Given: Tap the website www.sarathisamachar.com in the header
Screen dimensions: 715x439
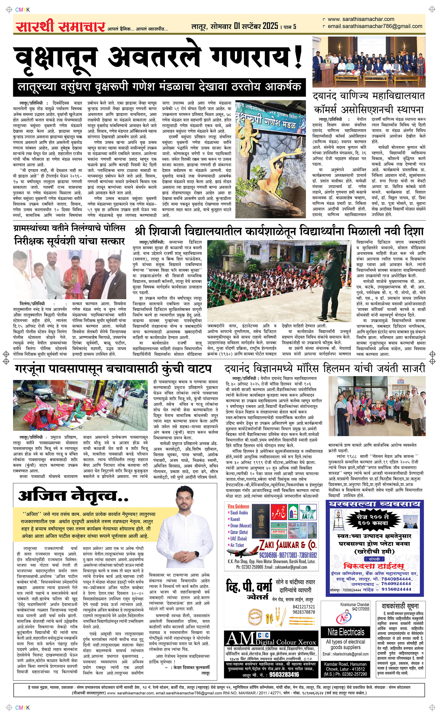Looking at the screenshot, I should [x=361, y=19].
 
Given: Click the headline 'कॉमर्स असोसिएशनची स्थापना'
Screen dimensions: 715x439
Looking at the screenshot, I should [x=369, y=110].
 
